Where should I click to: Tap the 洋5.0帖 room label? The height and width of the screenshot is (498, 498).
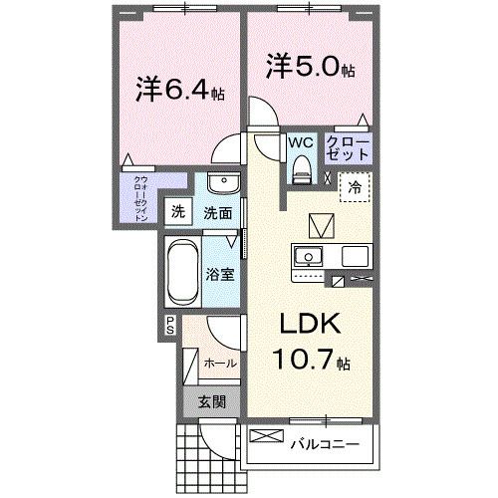[x=310, y=69]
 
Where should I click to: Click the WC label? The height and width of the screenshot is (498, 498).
[x=300, y=143]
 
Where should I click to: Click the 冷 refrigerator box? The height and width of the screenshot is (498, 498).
[x=355, y=185]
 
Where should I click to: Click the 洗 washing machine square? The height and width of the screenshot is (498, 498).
[x=177, y=211]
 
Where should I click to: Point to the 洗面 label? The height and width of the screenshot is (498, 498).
[x=218, y=212]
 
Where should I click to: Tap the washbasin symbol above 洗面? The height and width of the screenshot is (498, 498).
[x=221, y=185]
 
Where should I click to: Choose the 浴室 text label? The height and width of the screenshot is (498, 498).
[x=221, y=274]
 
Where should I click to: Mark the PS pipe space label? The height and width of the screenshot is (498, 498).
[x=170, y=325]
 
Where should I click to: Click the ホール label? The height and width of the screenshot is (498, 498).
[x=220, y=364]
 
